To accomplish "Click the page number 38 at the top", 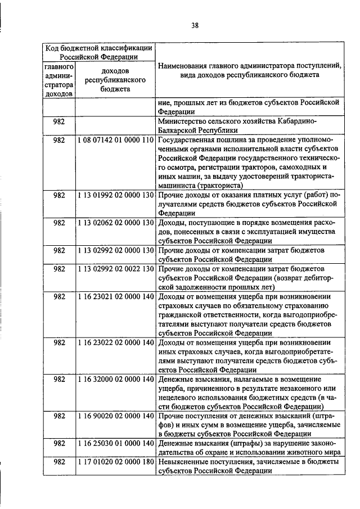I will (195, 24).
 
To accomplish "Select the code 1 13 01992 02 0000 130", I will (115, 195).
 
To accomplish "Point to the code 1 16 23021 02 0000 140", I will (115, 296).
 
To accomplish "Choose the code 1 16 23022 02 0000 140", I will (115, 343).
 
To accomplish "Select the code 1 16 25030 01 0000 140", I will (115, 443).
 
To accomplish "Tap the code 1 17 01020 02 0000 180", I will (115, 461).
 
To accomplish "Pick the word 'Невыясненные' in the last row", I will (183, 461).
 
